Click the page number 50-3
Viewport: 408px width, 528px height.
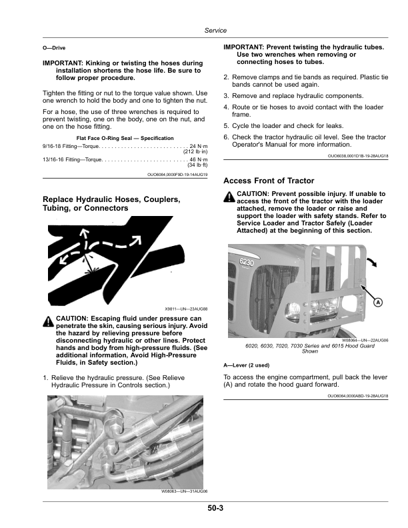[214, 509]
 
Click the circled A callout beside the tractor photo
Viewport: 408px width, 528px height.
[378, 302]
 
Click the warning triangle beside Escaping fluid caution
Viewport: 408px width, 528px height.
[48, 321]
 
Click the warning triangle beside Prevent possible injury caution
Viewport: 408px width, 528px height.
[229, 195]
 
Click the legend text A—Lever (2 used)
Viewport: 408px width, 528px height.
[247, 365]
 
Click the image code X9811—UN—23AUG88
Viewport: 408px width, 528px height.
[186, 309]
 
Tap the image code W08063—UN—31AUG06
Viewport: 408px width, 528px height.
[185, 491]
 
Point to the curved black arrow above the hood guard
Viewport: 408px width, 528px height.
[379, 261]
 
